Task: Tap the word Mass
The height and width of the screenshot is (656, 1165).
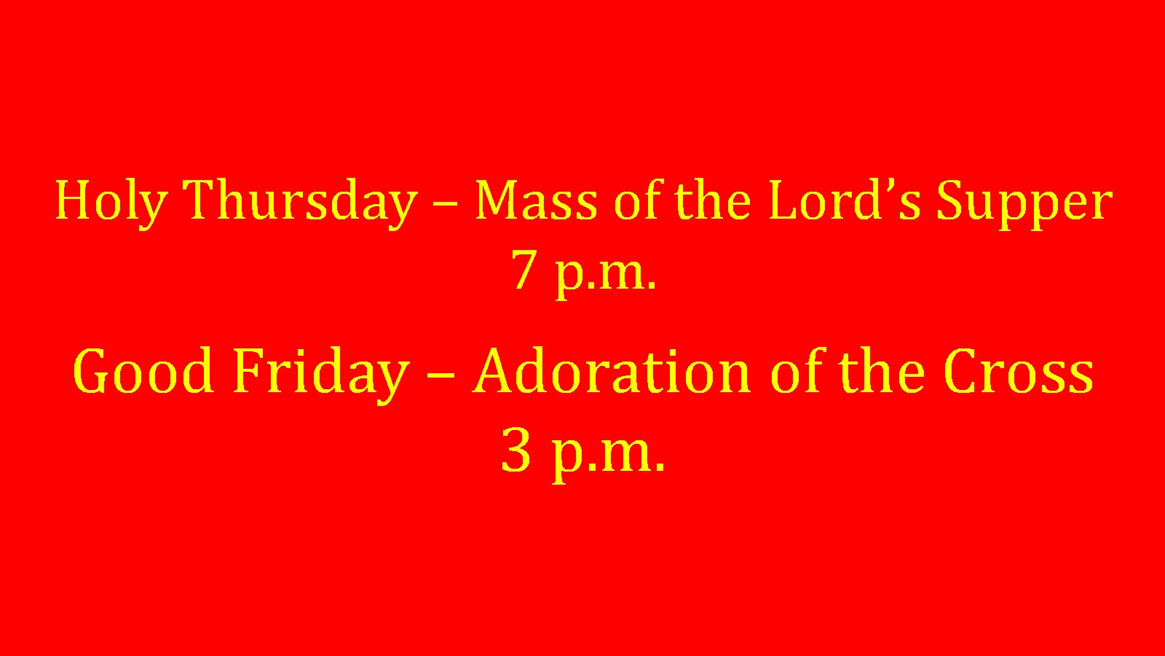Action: pyautogui.click(x=537, y=200)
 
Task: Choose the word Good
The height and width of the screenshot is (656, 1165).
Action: pyautogui.click(x=143, y=371)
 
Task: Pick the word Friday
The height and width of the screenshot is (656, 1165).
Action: pyautogui.click(x=321, y=375)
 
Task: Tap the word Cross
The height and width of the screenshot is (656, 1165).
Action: pyautogui.click(x=1019, y=371)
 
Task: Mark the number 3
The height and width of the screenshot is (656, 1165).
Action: pyautogui.click(x=516, y=451)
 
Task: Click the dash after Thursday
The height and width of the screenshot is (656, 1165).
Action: pyautogui.click(x=445, y=205)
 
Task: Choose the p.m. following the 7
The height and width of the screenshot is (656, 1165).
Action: pyautogui.click(x=606, y=275)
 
